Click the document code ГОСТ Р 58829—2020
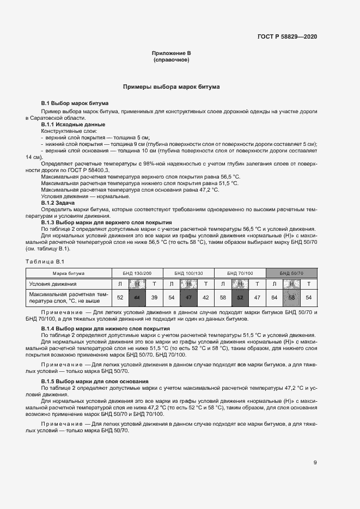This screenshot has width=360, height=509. coord(287,36)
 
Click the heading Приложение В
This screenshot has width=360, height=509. coord(171,53)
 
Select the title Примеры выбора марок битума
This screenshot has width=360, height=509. coord(171,87)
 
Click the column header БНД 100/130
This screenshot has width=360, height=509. coord(188,273)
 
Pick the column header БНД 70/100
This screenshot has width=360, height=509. coord(240,273)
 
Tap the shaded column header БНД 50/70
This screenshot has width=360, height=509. coord(291,273)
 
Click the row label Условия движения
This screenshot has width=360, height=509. coord(53,284)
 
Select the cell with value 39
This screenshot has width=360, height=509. coord(154,297)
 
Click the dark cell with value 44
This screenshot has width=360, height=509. coord(137,297)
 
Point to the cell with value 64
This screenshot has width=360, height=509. coord(274,297)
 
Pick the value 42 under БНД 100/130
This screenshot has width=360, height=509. coord(205,297)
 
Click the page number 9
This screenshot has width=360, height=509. coord(315,463)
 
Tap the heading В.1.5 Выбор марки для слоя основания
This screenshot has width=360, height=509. coord(95,382)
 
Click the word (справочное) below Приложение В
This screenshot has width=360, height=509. coord(171,60)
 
